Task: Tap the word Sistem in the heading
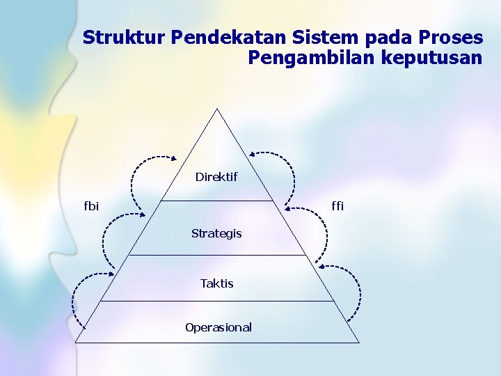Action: pyautogui.click(x=308, y=37)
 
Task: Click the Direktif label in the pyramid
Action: pyautogui.click(x=216, y=177)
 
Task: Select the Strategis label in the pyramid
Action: pyautogui.click(x=216, y=233)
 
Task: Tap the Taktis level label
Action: pyautogui.click(x=216, y=283)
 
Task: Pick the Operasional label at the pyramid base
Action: pyautogui.click(x=218, y=327)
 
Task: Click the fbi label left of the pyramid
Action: pyautogui.click(x=91, y=205)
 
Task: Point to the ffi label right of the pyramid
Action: pyautogui.click(x=337, y=205)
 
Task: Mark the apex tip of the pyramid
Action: pyautogui.click(x=217, y=109)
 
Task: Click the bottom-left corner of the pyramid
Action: pyautogui.click(x=76, y=343)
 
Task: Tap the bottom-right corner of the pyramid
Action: pyautogui.click(x=359, y=343)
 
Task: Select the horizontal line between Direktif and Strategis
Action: pyautogui.click(x=217, y=201)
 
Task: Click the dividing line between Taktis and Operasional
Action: pyautogui.click(x=217, y=301)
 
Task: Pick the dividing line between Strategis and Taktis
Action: pyautogui.click(x=217, y=255)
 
